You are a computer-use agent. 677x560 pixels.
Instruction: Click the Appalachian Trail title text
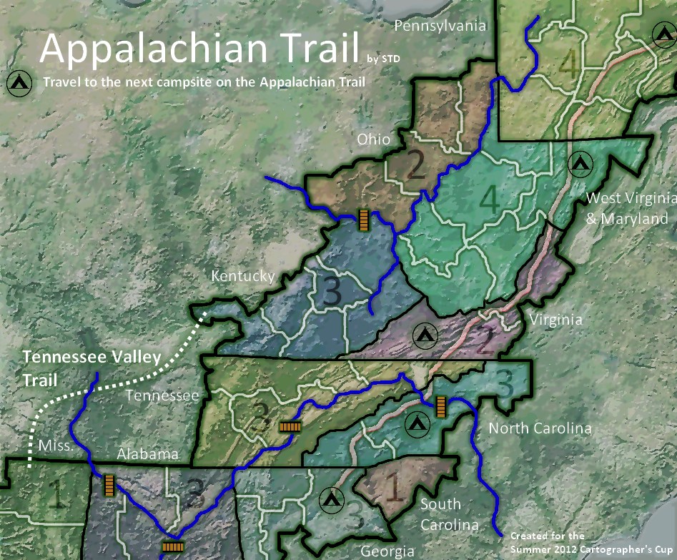click(x=199, y=48)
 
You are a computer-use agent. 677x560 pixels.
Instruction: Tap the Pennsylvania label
click(x=440, y=26)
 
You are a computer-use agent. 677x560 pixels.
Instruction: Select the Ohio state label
click(x=374, y=139)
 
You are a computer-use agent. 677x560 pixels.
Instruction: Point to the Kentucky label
click(x=242, y=276)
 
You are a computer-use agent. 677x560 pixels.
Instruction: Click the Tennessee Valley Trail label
click(x=92, y=368)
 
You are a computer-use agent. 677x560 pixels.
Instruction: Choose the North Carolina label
click(x=540, y=428)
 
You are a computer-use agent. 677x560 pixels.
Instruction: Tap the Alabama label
click(x=147, y=454)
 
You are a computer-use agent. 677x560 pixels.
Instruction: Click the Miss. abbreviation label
click(x=56, y=446)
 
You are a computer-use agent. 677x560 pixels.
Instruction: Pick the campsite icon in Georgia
click(x=330, y=499)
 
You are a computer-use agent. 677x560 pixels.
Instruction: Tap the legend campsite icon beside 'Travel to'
click(x=19, y=83)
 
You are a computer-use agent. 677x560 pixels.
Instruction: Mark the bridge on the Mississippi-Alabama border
click(x=109, y=486)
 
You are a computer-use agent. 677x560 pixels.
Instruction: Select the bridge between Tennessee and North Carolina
click(x=440, y=406)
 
